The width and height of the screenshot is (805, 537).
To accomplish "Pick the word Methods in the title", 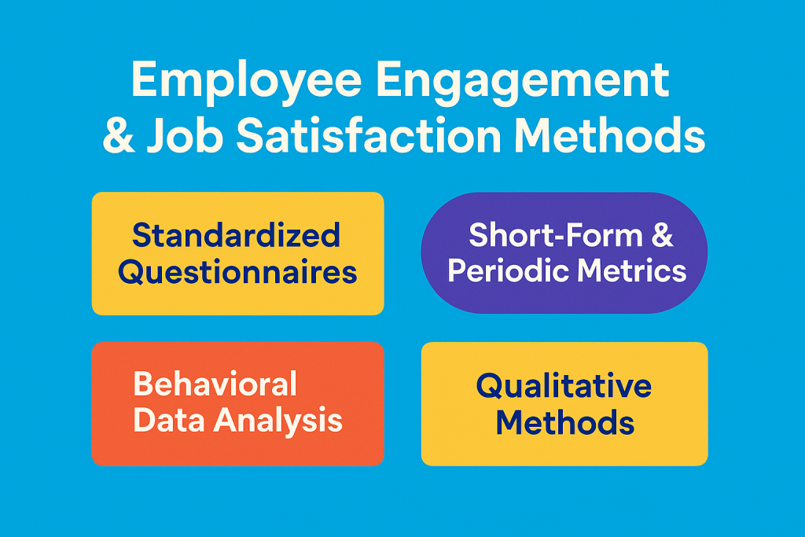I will (x=609, y=135).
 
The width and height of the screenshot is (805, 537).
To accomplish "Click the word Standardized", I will (x=236, y=234).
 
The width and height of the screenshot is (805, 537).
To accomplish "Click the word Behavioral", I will (x=215, y=384).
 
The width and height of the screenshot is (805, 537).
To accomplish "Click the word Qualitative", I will (x=564, y=385).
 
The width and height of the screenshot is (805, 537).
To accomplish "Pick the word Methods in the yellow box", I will (x=564, y=422).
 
